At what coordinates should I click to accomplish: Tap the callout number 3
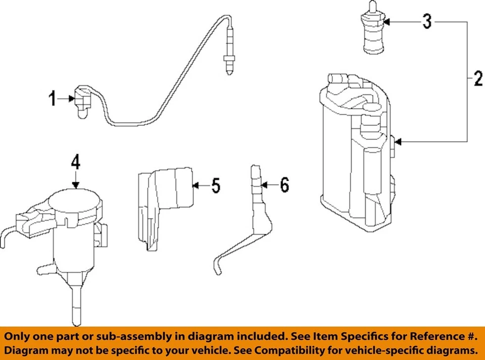coord(427,22)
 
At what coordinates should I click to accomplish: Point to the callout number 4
coord(75,162)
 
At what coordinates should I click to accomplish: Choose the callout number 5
coord(216,185)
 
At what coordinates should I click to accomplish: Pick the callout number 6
coord(284,185)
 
